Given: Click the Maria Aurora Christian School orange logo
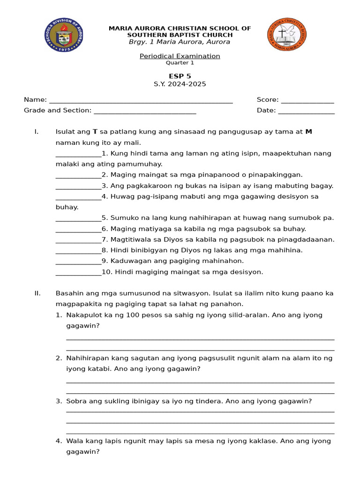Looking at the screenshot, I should [x=286, y=34].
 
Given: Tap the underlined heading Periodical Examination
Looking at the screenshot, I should [x=180, y=56].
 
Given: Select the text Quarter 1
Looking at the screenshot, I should [x=180, y=63].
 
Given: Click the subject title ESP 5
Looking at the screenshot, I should [x=180, y=76].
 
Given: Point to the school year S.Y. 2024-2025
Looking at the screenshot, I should [x=180, y=84].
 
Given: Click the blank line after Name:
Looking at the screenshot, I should [x=141, y=100].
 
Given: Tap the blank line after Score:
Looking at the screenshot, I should [x=307, y=100].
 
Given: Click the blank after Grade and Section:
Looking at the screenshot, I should [x=145, y=111].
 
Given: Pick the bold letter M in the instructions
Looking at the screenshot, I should [x=308, y=132].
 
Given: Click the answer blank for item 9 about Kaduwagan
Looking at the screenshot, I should [x=78, y=262].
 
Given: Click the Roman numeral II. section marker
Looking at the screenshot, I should [x=37, y=293].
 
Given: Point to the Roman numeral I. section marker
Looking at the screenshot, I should [x=36, y=132].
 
